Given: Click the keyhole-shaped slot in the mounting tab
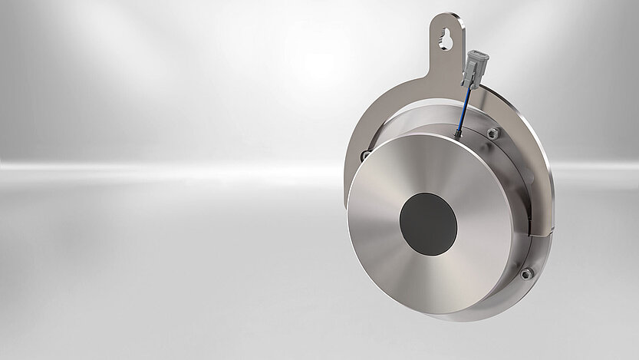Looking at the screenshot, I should coord(446,41).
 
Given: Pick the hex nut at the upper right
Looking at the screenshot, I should coord(493,134).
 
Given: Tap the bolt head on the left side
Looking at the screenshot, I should coord(365,156).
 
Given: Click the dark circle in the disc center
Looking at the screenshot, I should coord(428,224).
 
